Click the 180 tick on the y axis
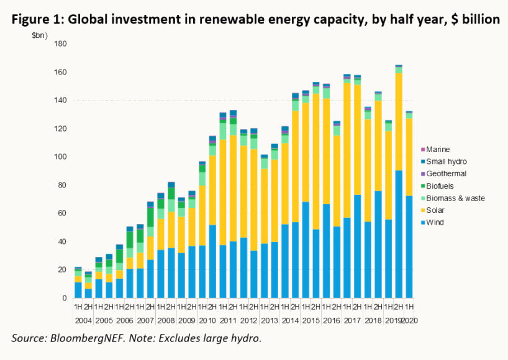click(x=60, y=44)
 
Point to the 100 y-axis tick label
click(x=60, y=157)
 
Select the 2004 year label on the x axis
click(x=83, y=321)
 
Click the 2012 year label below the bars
click(x=248, y=321)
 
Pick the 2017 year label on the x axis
click(x=352, y=321)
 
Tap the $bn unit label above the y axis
click(x=41, y=35)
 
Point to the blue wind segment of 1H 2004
click(x=78, y=290)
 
